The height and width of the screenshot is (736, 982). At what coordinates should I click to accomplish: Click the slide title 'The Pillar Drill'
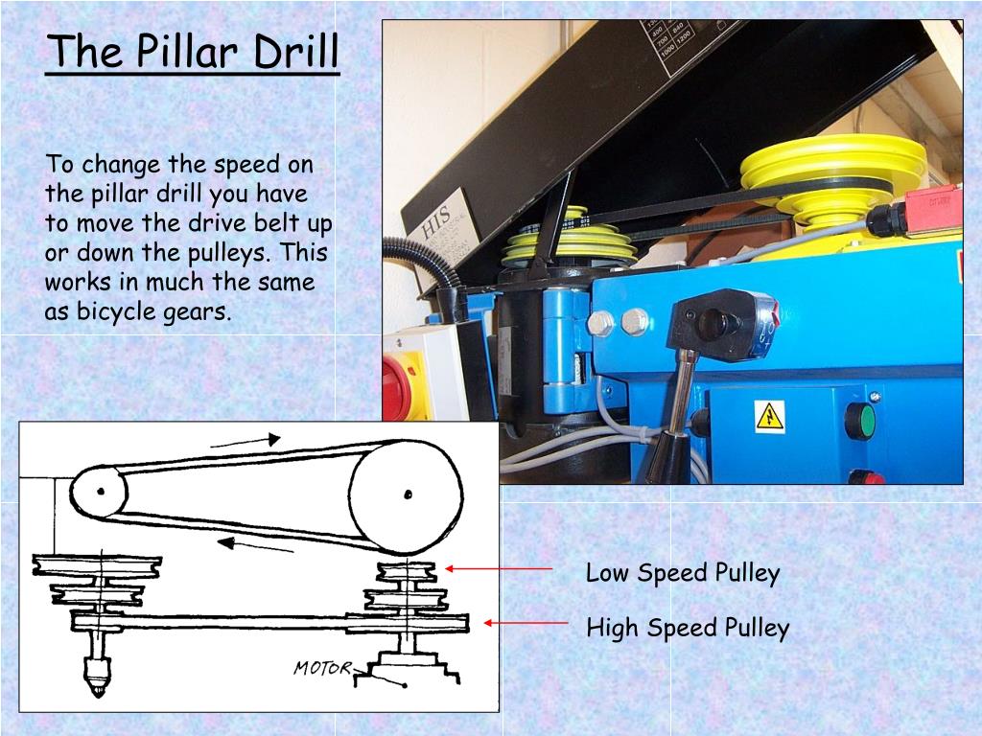[x=193, y=52]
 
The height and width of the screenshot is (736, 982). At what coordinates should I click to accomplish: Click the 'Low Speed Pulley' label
[x=683, y=573]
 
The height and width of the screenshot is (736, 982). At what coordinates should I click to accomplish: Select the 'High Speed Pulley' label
[x=688, y=629]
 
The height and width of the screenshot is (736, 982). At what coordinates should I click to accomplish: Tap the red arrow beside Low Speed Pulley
[x=499, y=568]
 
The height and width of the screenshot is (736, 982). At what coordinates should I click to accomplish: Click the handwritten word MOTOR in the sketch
[x=322, y=668]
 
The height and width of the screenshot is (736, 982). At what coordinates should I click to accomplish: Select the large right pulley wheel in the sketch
[x=406, y=496]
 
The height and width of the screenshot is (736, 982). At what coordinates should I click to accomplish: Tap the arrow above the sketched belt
[x=245, y=441]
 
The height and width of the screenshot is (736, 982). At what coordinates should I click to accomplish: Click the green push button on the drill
[x=859, y=420]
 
